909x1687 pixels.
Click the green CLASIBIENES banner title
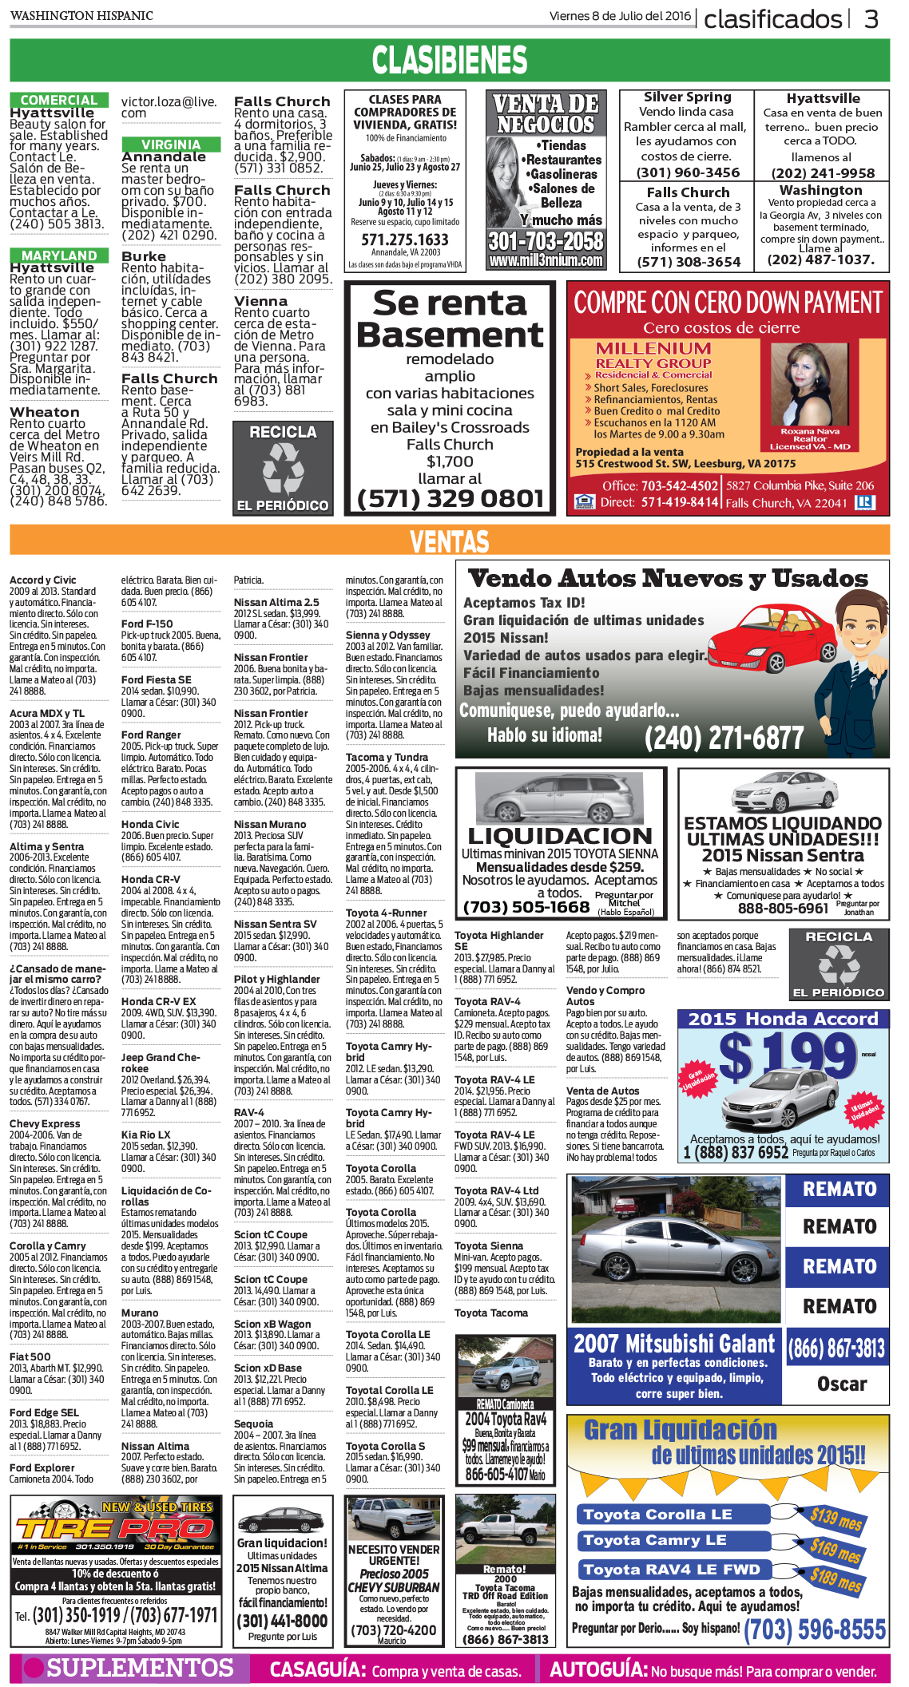coord(450,61)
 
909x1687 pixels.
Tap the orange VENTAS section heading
coord(450,542)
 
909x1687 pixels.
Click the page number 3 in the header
coord(871,18)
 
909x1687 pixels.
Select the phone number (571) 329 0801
coord(451,499)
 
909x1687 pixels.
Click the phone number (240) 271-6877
coord(724,738)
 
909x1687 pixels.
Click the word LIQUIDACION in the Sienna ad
coord(560,836)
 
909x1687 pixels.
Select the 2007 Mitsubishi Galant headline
coord(673,1344)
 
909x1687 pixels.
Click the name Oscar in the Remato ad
coord(841,1384)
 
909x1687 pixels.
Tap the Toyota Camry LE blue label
coord(654,1540)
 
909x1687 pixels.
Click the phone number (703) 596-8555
coord(815,1630)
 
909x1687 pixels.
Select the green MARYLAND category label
coord(59,255)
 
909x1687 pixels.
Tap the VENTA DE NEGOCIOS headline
coord(546,114)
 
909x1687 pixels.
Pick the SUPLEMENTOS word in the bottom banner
coord(140,1667)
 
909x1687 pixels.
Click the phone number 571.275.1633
coord(405,240)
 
